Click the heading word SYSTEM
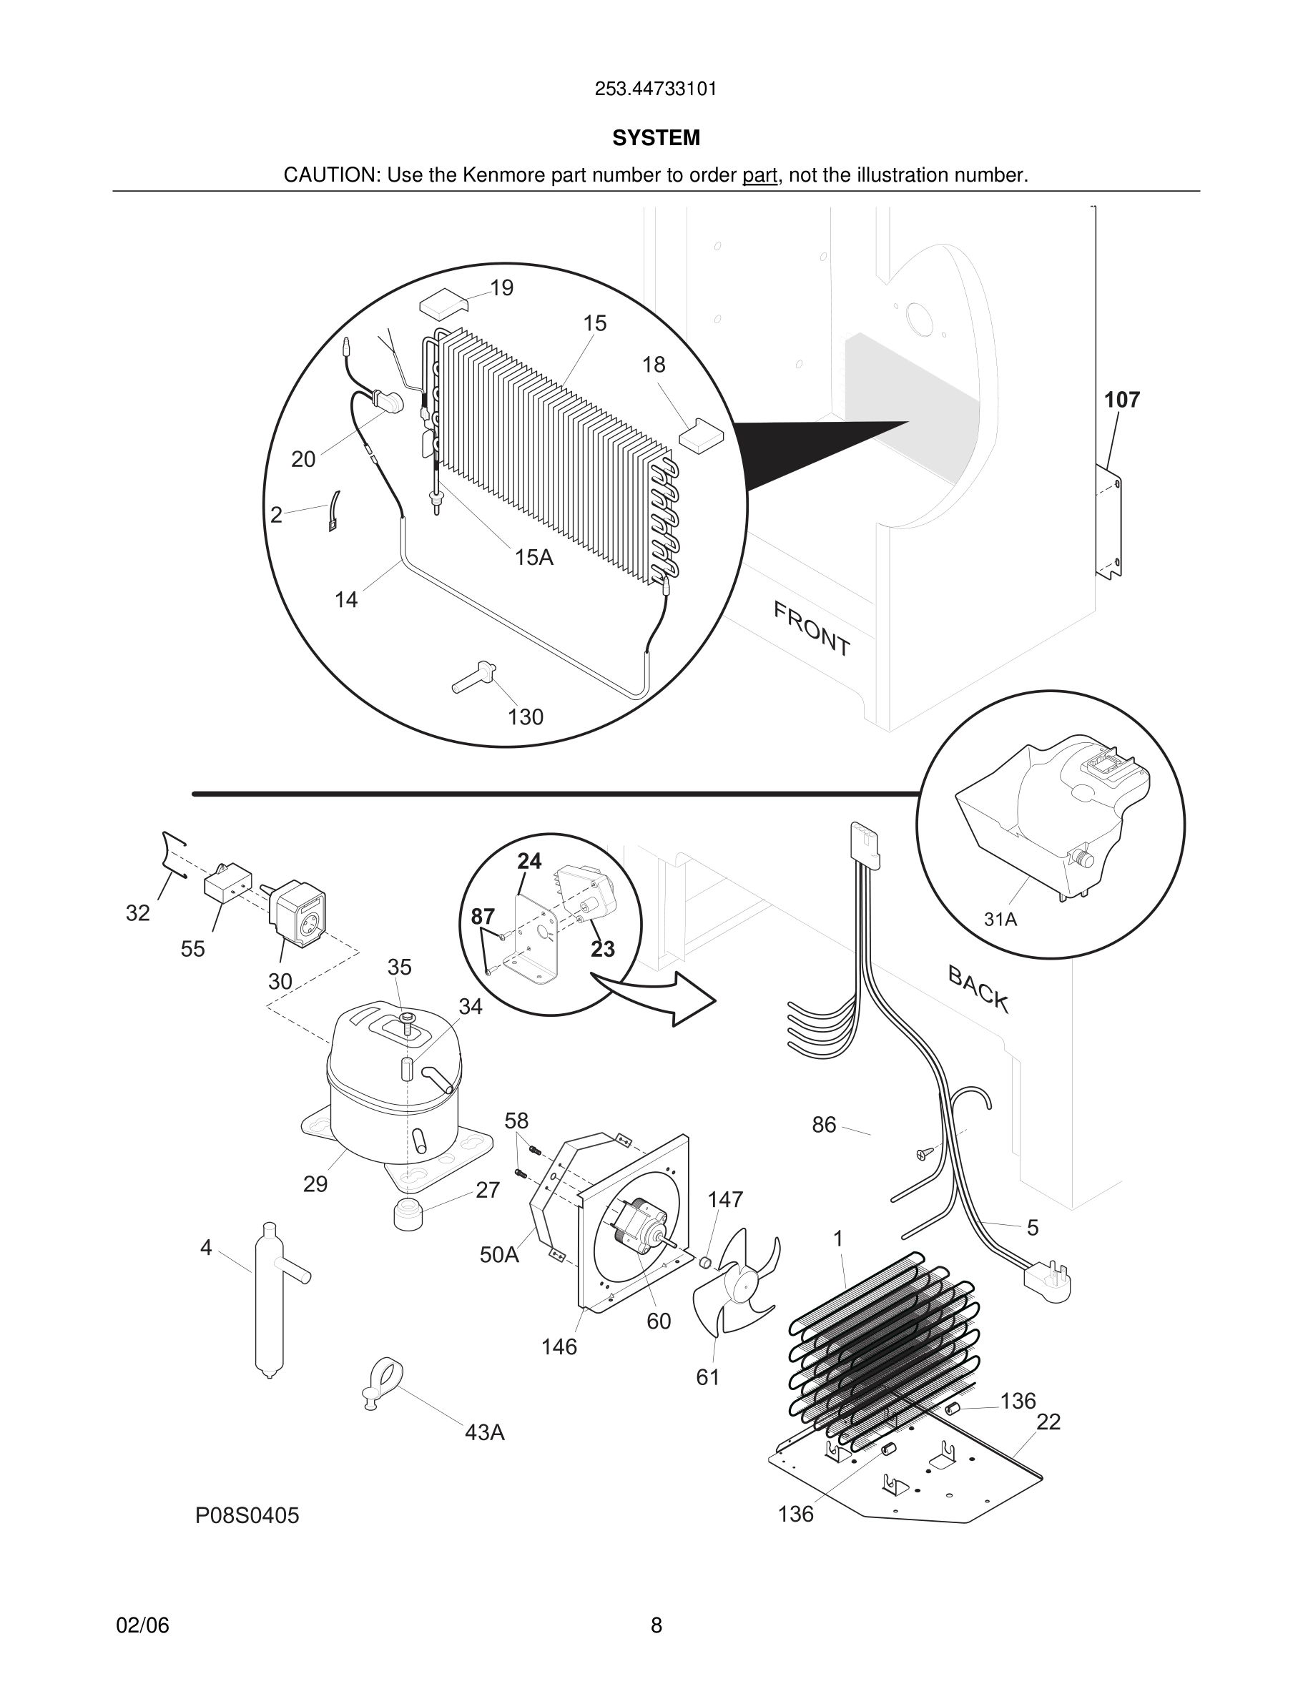(656, 139)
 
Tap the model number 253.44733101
(656, 89)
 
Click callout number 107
(1121, 400)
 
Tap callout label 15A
(533, 557)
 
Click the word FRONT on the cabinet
(811, 629)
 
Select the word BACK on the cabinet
(978, 989)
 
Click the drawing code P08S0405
(247, 1515)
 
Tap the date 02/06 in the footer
(142, 1625)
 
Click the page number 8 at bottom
(656, 1625)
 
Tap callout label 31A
(1000, 920)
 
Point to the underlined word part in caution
(759, 176)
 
